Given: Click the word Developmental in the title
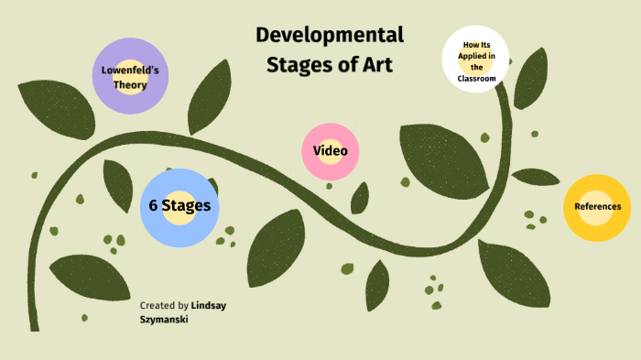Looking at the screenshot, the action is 330,36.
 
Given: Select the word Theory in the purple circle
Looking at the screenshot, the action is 130,84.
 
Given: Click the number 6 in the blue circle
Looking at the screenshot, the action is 154,205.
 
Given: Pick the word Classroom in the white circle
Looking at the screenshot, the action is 477,79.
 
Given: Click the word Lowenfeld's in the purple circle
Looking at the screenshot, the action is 130,71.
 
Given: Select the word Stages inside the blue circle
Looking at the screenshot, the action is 187,205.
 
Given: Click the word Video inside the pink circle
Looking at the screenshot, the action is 330,150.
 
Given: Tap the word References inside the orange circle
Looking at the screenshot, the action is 597,206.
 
